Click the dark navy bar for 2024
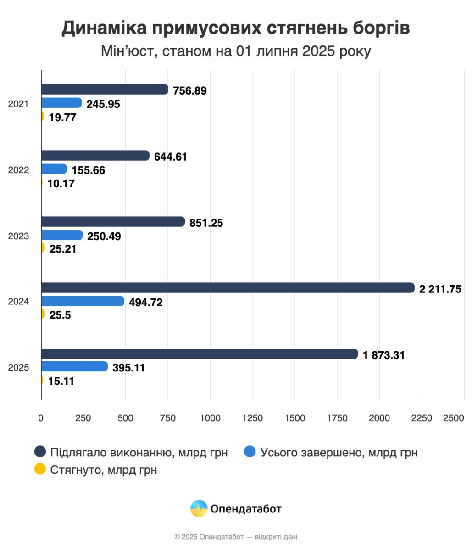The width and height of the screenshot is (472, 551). tap(228, 288)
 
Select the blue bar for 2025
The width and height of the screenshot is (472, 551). tap(74, 366)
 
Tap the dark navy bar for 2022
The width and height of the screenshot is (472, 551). tap(95, 156)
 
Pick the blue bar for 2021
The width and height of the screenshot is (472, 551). tap(61, 103)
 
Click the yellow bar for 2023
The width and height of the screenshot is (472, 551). tap(43, 248)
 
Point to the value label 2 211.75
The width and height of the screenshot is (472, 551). tap(440, 289)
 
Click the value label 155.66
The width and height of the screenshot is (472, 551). tap(89, 170)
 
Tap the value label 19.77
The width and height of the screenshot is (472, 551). tap(62, 117)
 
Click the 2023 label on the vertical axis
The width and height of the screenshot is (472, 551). tap(19, 236)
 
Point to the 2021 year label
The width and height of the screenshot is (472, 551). tap(19, 104)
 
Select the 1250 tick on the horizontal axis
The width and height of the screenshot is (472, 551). tap(252, 418)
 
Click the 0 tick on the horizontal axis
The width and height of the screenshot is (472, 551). tap(41, 418)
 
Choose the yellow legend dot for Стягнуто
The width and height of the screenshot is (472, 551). tap(40, 469)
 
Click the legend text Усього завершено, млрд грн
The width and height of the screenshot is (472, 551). tap(339, 453)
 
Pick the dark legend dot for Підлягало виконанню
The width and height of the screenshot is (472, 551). tap(40, 452)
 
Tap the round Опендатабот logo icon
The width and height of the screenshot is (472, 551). tap(199, 509)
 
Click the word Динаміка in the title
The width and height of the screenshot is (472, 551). tap(104, 28)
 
